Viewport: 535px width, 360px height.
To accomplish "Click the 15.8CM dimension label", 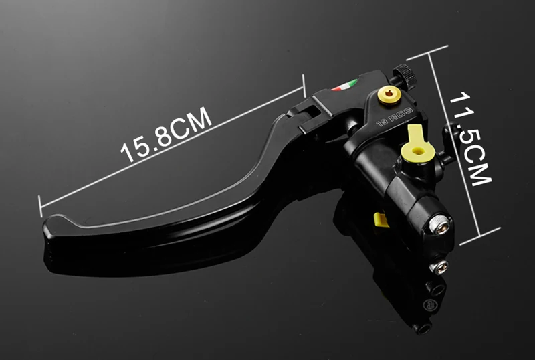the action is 166,134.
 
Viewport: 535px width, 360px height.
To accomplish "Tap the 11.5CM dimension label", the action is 471,139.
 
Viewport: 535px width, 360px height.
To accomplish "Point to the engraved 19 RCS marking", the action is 395,117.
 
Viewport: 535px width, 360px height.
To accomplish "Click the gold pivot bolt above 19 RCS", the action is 389,95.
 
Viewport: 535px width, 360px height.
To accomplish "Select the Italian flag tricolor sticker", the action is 344,85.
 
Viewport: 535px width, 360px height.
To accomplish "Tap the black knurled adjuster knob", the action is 405,76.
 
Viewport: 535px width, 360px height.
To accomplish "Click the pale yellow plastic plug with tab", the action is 417,145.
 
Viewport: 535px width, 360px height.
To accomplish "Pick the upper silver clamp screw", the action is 439,224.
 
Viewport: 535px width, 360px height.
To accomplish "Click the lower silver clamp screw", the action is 439,267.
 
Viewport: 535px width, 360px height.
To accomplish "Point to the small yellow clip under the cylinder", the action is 381,219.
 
